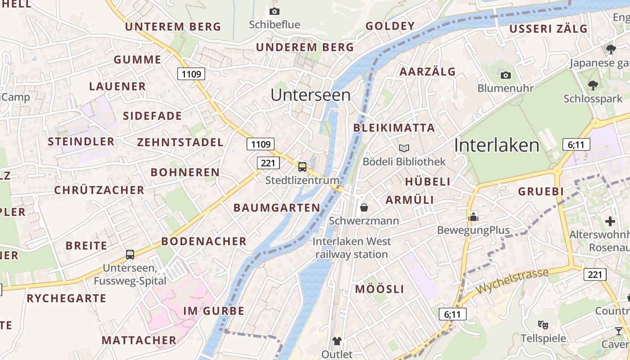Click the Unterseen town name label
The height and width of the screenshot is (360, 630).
pyautogui.click(x=310, y=95)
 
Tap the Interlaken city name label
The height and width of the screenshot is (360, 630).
pyautogui.click(x=496, y=145)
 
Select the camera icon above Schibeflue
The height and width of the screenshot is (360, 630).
pyautogui.click(x=274, y=11)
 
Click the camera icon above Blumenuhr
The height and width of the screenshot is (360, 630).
pyautogui.click(x=506, y=75)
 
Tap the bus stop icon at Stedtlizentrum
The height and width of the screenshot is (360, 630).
pyautogui.click(x=302, y=167)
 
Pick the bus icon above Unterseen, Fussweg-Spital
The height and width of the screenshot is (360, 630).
pyautogui.click(x=130, y=254)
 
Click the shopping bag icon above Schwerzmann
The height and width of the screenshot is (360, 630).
pyautogui.click(x=364, y=207)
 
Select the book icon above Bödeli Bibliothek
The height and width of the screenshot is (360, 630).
pyautogui.click(x=404, y=148)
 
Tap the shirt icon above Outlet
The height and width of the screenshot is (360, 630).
pyautogui.click(x=337, y=341)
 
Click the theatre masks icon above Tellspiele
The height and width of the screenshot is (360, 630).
pyautogui.click(x=543, y=324)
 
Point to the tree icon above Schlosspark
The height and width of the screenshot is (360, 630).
pyautogui.click(x=593, y=85)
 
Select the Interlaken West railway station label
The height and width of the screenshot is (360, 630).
pyautogui.click(x=351, y=248)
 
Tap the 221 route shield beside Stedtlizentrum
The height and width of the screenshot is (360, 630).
pyautogui.click(x=268, y=162)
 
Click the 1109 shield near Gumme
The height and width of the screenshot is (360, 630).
pyautogui.click(x=191, y=74)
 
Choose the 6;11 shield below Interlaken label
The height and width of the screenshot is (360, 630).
pyautogui.click(x=576, y=145)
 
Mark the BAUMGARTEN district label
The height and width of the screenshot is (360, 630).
pyautogui.click(x=277, y=207)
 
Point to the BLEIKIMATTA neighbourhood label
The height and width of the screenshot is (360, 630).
pyautogui.click(x=394, y=128)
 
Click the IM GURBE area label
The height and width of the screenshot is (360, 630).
pyautogui.click(x=214, y=311)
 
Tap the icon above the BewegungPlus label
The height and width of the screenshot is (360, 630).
pyautogui.click(x=473, y=217)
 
